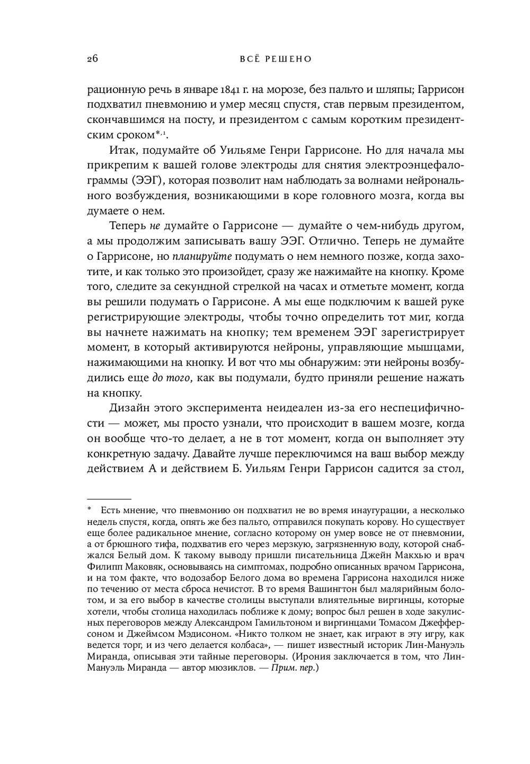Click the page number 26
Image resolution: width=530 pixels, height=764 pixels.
[92, 59]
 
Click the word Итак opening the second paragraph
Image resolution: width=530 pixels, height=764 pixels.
[123, 150]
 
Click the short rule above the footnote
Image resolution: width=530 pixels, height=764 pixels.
[109, 499]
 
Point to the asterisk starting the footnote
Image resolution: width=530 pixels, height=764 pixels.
[90, 511]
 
